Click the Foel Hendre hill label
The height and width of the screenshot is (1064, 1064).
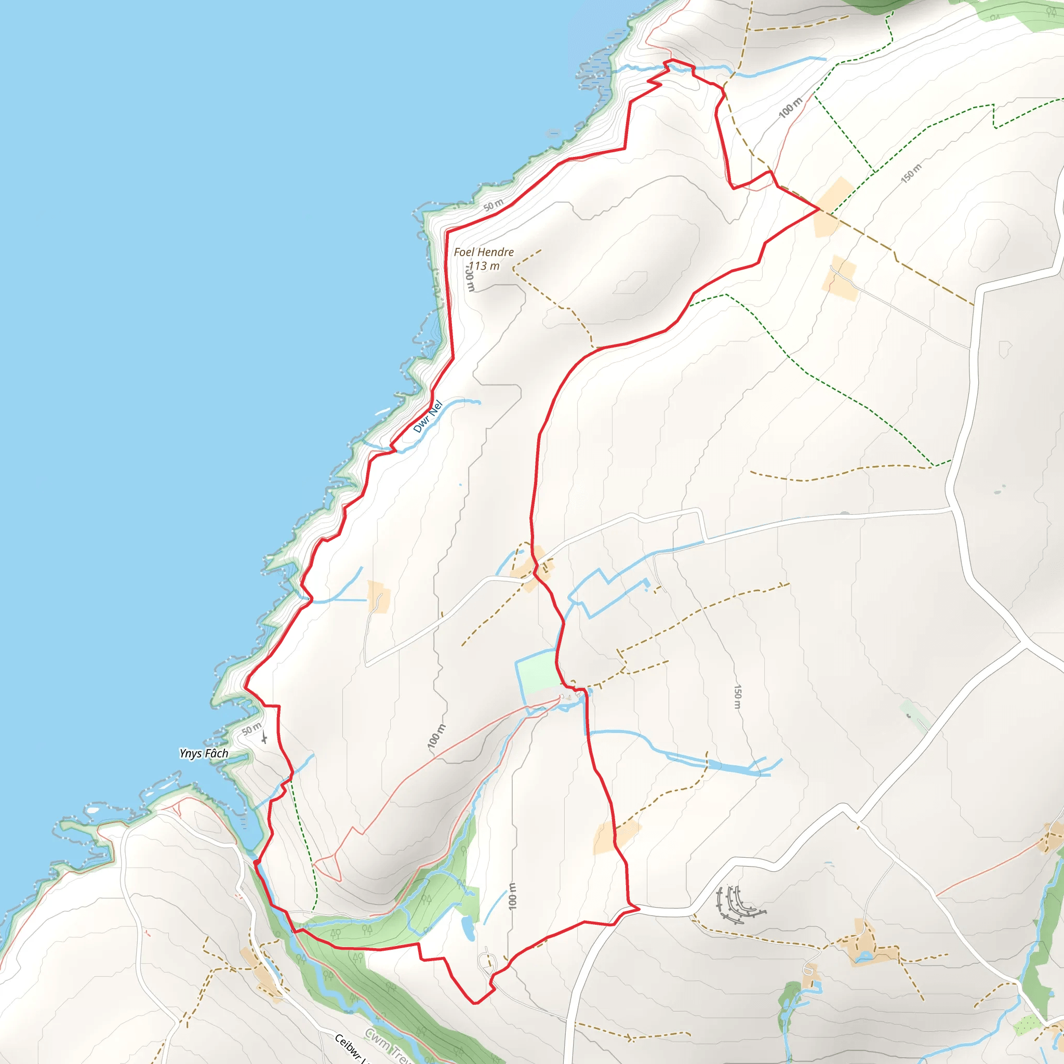484,252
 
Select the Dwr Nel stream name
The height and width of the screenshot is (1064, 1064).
428,416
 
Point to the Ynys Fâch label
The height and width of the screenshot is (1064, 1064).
204,753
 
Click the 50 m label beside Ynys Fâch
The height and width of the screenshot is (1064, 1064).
251,730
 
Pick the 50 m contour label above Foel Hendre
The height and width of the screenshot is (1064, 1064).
494,205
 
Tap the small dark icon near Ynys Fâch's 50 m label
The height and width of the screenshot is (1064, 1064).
265,737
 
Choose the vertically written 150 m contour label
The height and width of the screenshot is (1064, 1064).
738,697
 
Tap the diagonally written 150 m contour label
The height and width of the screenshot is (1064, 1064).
911,174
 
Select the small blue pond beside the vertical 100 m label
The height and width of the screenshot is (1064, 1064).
469,927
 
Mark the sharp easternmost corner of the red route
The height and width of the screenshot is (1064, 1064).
818,209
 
